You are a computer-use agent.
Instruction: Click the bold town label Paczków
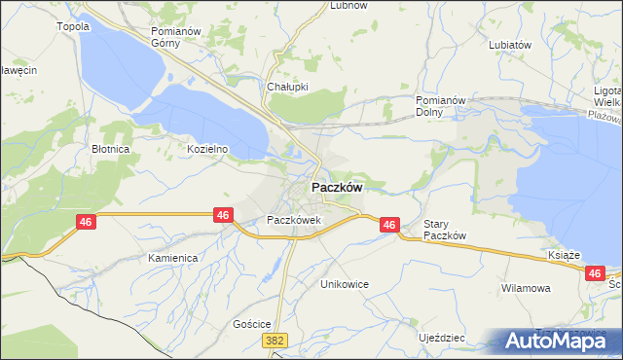tap(338, 188)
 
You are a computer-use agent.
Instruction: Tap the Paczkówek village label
tap(294, 221)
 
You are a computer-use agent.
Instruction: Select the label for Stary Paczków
tap(446, 230)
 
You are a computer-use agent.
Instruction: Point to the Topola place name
tap(74, 27)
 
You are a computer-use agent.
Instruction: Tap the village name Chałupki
tap(287, 86)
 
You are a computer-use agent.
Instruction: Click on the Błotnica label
tap(111, 150)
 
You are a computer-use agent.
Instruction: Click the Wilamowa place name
tap(526, 289)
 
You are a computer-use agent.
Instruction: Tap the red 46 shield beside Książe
tap(596, 275)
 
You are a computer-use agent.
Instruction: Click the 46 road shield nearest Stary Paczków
tap(389, 225)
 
